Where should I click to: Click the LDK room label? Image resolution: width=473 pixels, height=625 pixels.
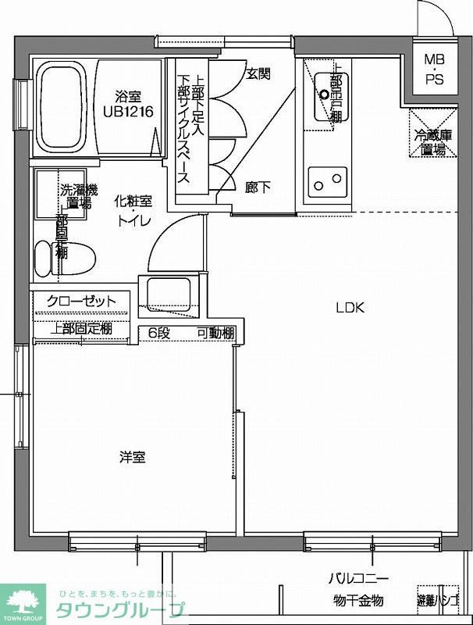[x=350, y=307]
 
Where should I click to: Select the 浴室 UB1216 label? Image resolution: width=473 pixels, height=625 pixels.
[x=127, y=104]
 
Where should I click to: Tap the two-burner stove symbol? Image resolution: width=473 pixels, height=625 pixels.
[x=327, y=183]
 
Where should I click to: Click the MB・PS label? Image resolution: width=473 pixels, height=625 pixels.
[x=434, y=70]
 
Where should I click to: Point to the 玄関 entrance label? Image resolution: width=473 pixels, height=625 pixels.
[x=258, y=74]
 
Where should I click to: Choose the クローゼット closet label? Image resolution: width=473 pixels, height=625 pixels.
[x=81, y=302]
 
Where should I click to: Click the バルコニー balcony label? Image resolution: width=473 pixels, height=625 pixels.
[x=358, y=580]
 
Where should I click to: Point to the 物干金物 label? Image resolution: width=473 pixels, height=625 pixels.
[x=358, y=600]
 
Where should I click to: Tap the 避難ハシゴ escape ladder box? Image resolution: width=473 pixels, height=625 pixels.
[x=438, y=600]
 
